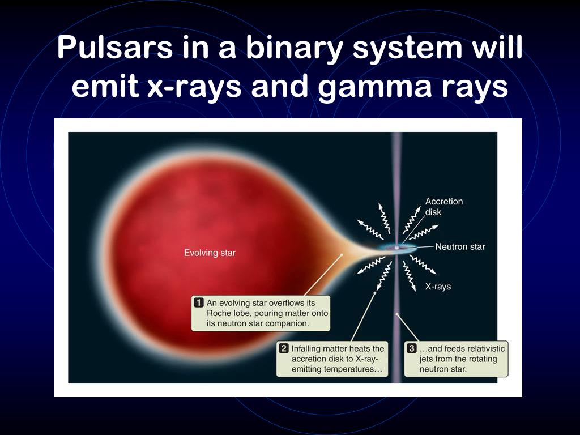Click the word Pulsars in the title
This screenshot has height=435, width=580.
click(x=115, y=48)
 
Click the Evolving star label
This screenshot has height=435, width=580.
click(x=210, y=253)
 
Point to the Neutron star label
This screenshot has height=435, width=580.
click(x=460, y=247)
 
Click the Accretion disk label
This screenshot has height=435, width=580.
click(x=444, y=207)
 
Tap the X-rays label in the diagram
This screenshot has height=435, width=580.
click(x=438, y=287)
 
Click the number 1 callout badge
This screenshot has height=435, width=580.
click(x=199, y=302)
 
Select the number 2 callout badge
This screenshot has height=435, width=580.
click(x=284, y=348)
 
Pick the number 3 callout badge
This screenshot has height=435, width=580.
click(x=411, y=348)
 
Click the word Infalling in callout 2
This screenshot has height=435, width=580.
click(x=306, y=348)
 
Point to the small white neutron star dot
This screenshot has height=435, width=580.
click(x=397, y=248)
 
